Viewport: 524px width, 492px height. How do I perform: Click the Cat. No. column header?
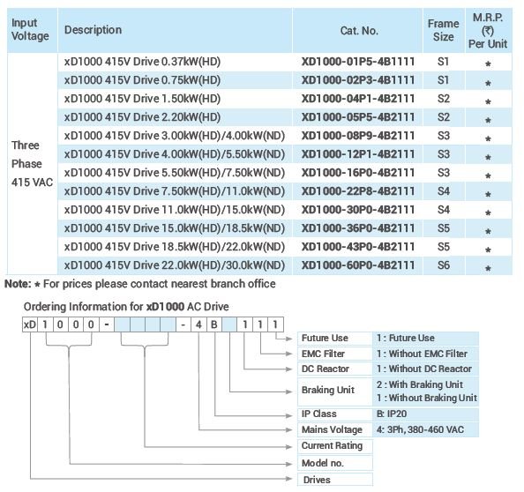pyautogui.click(x=359, y=31)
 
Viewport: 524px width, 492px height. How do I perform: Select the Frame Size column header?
pyautogui.click(x=443, y=30)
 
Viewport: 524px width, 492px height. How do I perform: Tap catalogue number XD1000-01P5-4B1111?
pyautogui.click(x=358, y=62)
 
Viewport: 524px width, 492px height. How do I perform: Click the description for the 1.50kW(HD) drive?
pyautogui.click(x=142, y=99)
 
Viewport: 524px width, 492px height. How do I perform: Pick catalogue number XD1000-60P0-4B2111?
pyautogui.click(x=358, y=265)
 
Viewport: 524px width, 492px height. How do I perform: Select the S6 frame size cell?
pyautogui.click(x=444, y=265)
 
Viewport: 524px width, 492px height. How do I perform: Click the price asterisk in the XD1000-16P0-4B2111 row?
pyautogui.click(x=488, y=175)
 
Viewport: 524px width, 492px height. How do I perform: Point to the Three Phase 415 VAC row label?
pyautogui.click(x=32, y=164)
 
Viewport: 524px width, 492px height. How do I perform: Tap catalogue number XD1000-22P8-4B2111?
pyautogui.click(x=358, y=191)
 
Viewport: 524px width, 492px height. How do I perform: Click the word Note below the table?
pyautogui.click(x=18, y=284)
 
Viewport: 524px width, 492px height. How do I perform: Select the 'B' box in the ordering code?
pyautogui.click(x=214, y=324)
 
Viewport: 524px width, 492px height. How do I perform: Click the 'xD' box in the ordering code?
pyautogui.click(x=30, y=324)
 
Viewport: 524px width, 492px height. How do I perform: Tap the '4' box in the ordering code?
pyautogui.click(x=198, y=324)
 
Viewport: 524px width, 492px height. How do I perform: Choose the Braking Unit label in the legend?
pyautogui.click(x=328, y=390)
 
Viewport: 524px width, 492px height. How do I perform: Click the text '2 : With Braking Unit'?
pyautogui.click(x=420, y=384)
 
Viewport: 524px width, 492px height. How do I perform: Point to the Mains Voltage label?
pyautogui.click(x=332, y=429)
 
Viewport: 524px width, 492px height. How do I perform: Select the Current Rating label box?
pyautogui.click(x=335, y=446)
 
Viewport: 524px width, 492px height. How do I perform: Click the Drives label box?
pyautogui.click(x=335, y=480)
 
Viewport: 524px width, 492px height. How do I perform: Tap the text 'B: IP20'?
pyautogui.click(x=392, y=414)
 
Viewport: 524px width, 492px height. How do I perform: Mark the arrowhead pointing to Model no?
pyautogui.click(x=289, y=464)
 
